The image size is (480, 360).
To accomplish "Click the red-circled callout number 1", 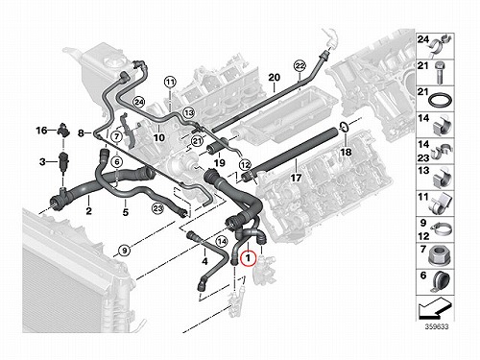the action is point(249,258).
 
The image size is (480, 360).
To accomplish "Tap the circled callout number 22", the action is point(300,66).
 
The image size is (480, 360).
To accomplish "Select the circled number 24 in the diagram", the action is point(138,103).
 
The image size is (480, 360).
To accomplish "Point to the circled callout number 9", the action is point(125,250).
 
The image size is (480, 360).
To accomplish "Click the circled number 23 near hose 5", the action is point(157,209).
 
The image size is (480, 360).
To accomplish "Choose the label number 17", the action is point(296,178).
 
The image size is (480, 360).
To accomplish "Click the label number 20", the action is point(274,78).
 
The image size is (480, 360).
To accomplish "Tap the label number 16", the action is point(41,131).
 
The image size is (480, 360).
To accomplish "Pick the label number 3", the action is point(42,162).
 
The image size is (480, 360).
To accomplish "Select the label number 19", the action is point(220,163).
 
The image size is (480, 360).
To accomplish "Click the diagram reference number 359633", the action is point(437,326).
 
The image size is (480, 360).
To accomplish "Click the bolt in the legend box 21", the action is point(440,73).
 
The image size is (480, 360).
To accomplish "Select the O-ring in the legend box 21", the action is point(441,100).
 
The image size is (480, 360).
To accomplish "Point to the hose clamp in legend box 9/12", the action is point(441,229).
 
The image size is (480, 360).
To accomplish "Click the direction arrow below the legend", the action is point(435,309).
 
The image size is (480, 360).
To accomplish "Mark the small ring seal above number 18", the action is point(344,127).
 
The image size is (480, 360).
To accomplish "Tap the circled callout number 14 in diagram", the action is point(221,241).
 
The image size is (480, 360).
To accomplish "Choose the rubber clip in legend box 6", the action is point(441,282).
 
